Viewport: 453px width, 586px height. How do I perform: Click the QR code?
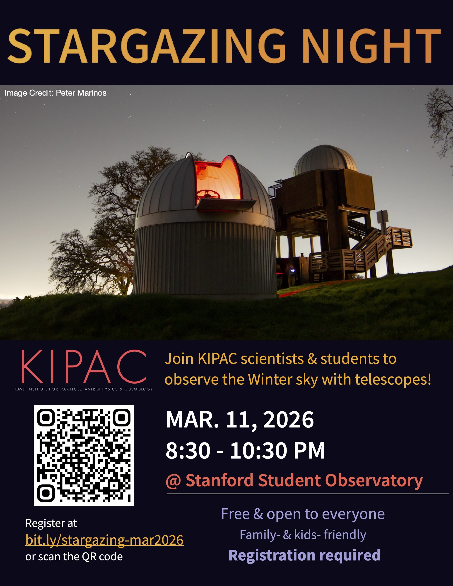[x=84, y=455]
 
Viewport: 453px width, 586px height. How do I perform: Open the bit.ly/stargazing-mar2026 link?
[x=104, y=540]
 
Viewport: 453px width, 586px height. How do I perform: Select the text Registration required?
[x=304, y=555]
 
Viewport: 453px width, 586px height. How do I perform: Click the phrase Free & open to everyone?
[x=303, y=514]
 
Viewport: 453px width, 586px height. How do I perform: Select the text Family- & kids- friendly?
[x=303, y=535]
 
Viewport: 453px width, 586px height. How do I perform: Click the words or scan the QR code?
[x=74, y=557]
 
